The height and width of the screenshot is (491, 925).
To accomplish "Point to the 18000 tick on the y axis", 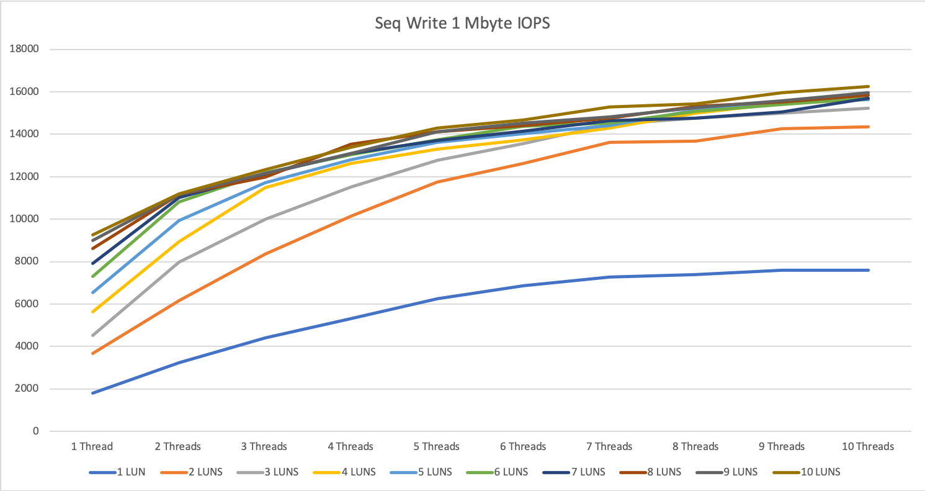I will click(x=27, y=50).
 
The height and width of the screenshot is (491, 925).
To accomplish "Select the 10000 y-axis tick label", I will click(x=27, y=219).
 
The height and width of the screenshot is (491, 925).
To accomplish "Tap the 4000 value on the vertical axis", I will click(x=29, y=346).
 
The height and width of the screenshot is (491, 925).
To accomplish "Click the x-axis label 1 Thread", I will click(x=92, y=446).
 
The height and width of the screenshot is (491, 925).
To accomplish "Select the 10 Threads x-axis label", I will click(x=868, y=446).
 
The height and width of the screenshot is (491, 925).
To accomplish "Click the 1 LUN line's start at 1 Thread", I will click(x=92, y=393).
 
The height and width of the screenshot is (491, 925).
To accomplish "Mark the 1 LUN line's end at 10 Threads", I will click(x=869, y=270).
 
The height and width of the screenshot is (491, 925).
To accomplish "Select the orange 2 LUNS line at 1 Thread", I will click(x=92, y=353).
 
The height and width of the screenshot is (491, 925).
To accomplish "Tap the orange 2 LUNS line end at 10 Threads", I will click(x=869, y=127).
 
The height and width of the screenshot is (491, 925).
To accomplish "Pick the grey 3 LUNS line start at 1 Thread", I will click(x=92, y=335).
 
